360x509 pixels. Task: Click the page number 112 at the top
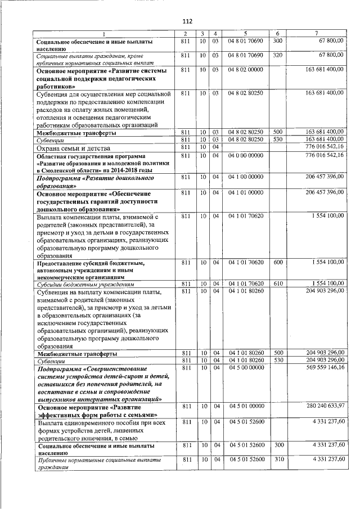187,21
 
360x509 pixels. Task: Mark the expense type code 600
277,262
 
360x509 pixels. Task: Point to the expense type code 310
277,460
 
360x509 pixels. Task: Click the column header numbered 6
277,34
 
